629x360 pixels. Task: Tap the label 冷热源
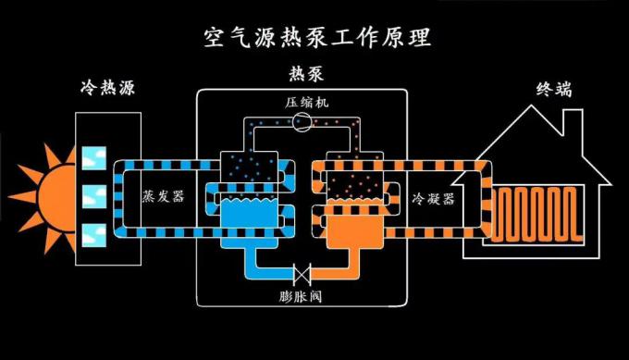[x=104, y=91]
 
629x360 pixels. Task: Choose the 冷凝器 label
[x=433, y=199]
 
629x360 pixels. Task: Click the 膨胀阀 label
[x=302, y=298]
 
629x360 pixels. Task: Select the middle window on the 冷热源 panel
[x=93, y=195]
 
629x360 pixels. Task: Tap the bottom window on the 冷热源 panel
[x=93, y=233]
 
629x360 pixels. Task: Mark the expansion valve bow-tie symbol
[x=302, y=275]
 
